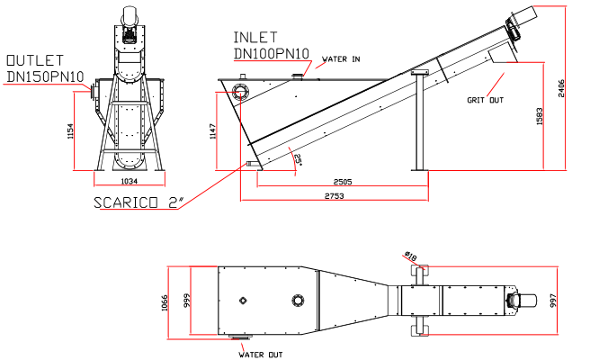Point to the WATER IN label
[341, 58]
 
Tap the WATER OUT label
[261, 354]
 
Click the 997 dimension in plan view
[555, 300]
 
